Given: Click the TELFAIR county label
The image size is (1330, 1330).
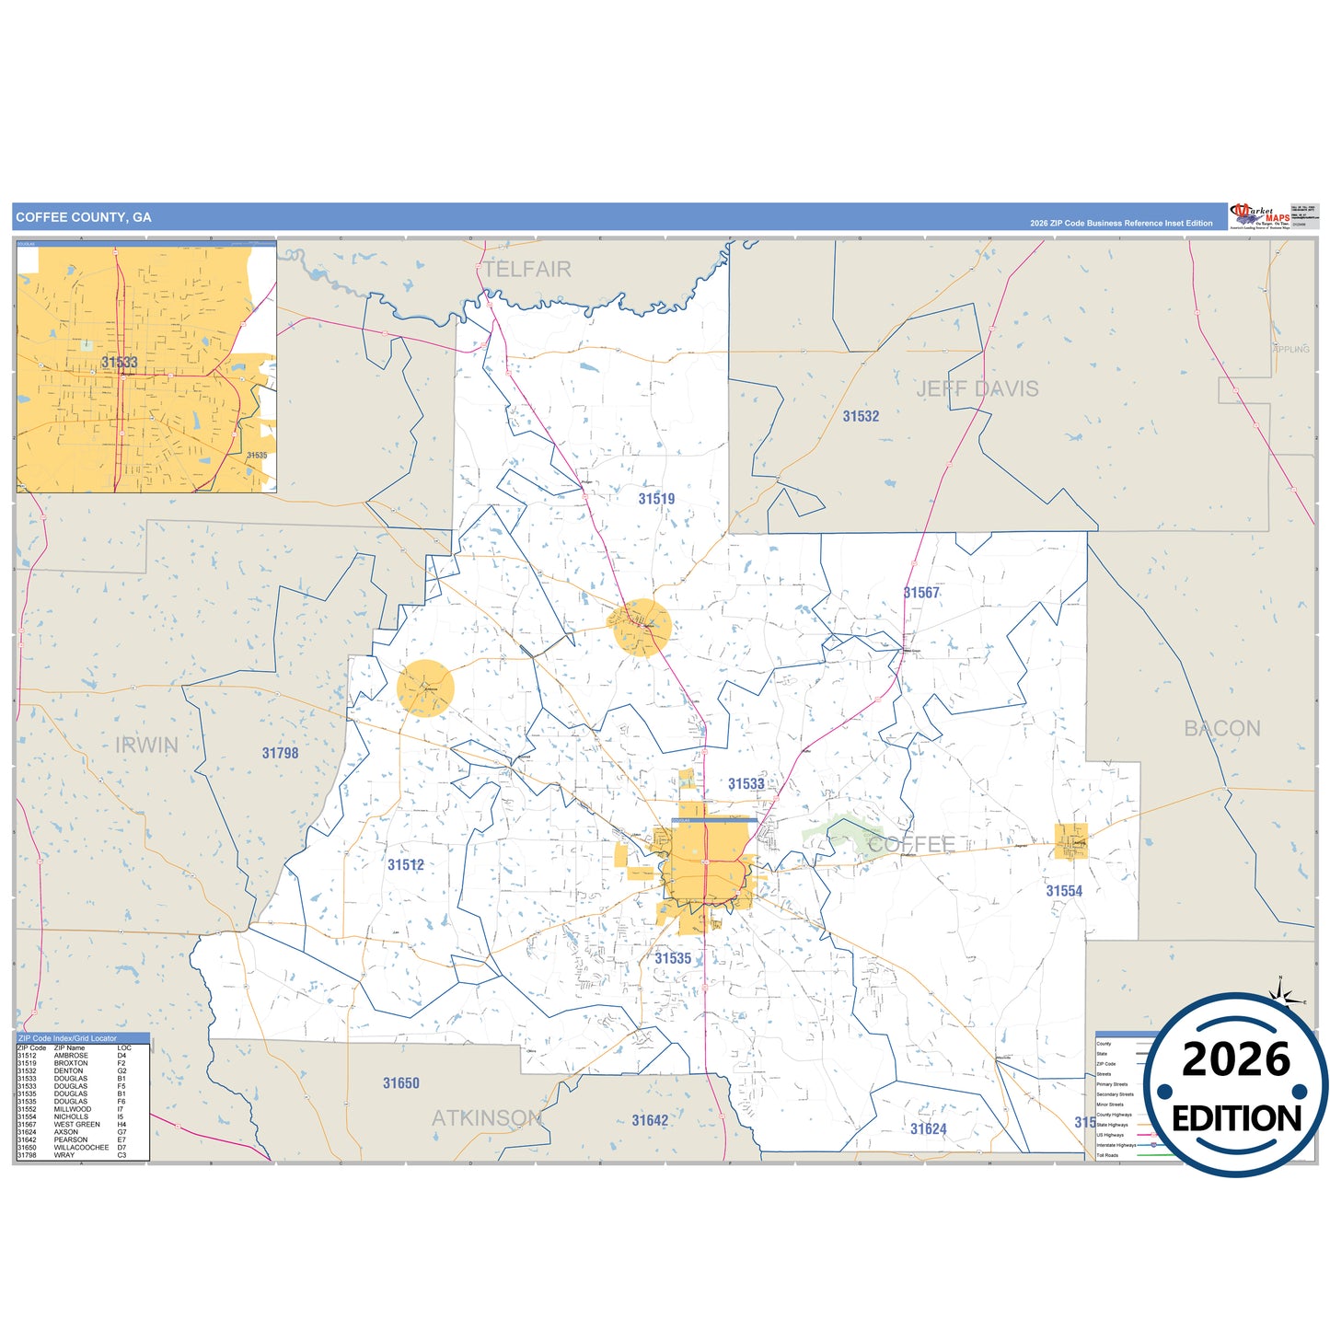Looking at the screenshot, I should (x=527, y=269).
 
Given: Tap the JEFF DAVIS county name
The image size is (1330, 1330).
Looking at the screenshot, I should (x=977, y=389).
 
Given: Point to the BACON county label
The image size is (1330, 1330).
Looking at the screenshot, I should (x=1221, y=729).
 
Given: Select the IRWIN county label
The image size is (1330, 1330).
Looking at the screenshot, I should (x=146, y=746).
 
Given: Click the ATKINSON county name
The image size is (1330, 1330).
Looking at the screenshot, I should (x=487, y=1118).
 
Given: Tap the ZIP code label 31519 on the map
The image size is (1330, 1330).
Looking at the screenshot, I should (x=656, y=499).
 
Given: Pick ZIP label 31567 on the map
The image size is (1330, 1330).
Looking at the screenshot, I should (x=921, y=593).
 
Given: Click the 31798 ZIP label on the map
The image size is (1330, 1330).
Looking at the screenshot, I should (x=280, y=753).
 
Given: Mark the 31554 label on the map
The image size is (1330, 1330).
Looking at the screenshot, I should (x=1064, y=891).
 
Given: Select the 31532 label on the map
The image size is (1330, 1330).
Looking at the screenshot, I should (x=861, y=416).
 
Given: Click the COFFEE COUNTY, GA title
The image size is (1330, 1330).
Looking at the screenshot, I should (x=84, y=217).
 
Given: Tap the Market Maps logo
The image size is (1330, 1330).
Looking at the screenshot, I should (x=1259, y=216).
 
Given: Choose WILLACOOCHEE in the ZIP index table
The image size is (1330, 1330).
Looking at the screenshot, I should (x=81, y=1148).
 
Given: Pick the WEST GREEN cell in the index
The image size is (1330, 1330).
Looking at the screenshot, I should (x=76, y=1125).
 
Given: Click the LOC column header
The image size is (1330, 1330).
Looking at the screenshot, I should (x=124, y=1048).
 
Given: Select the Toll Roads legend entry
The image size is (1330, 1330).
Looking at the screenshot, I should (x=1107, y=1155).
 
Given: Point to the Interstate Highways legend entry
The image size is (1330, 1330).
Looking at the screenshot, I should (x=1116, y=1145).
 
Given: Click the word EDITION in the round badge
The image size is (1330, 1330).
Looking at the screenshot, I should (x=1236, y=1119).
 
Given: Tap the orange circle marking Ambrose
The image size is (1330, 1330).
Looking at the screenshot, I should (x=425, y=688).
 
